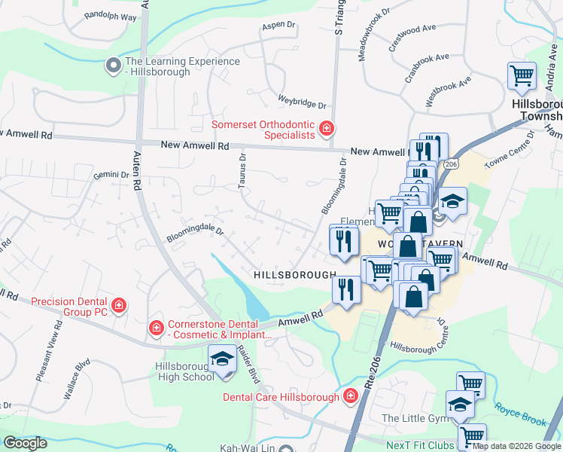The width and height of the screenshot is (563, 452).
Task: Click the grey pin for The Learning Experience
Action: point(114,66)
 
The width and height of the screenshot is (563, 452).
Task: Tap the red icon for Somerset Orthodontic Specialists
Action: point(326,128)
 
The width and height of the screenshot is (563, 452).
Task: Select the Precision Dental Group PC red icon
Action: point(118,305)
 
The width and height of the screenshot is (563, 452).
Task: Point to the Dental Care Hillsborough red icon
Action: point(350,396)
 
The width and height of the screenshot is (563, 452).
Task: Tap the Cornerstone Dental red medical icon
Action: point(156,328)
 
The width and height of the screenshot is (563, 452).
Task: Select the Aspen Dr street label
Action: point(278,26)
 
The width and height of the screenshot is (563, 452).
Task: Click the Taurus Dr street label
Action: point(243,173)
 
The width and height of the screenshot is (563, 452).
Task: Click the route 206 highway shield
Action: point(450,163)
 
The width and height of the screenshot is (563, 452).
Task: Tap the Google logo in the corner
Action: point(25,443)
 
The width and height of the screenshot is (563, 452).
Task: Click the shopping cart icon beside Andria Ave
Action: point(522,76)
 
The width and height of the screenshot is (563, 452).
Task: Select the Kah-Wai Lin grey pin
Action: point(285,450)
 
